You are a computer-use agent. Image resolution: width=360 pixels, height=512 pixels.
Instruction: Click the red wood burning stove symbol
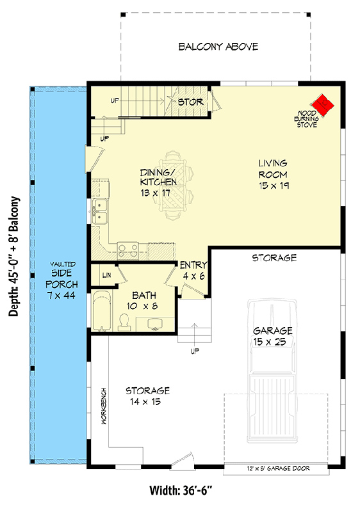point(324,103)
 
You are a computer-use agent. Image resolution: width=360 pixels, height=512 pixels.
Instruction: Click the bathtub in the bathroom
point(101,312)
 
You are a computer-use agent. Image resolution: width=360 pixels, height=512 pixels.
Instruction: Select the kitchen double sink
point(99,212)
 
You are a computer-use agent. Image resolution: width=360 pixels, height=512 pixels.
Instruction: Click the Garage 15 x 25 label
point(272,336)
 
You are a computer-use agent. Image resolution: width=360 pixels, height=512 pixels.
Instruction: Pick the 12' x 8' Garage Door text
point(277,469)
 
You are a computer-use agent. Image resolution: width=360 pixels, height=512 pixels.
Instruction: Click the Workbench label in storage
point(102,406)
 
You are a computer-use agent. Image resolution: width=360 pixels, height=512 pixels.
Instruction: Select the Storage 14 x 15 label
point(147,396)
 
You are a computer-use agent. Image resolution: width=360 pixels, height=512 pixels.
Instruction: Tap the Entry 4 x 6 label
point(193,271)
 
